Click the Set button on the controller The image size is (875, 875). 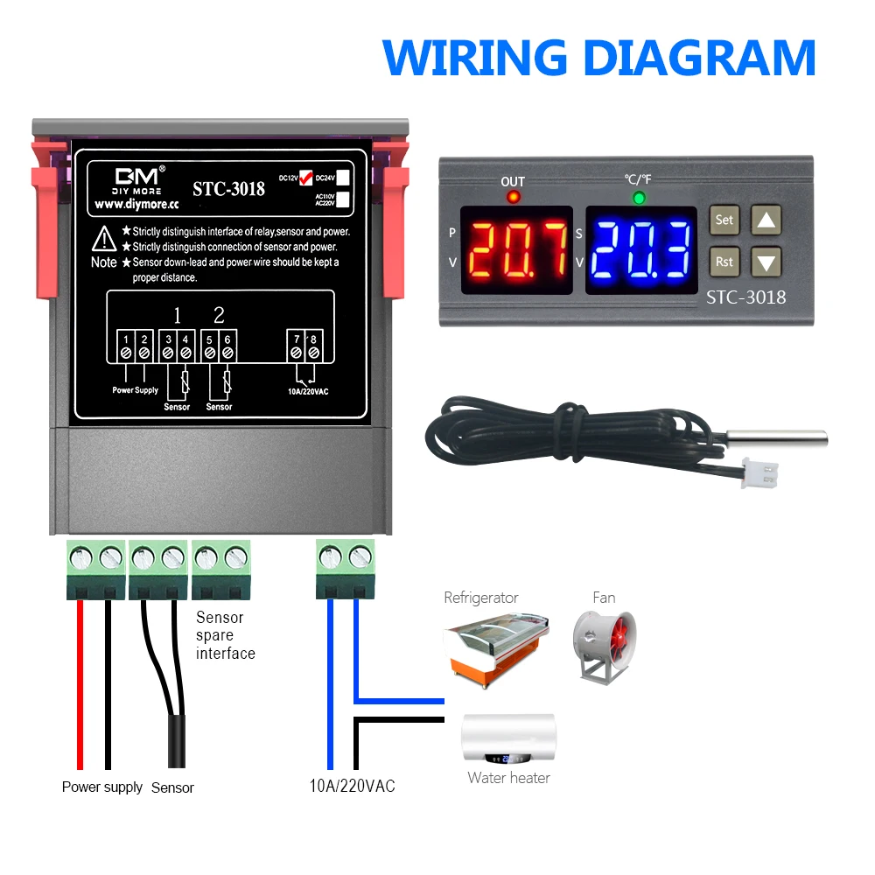tap(724, 220)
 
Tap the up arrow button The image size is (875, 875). tap(766, 220)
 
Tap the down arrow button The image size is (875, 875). tap(766, 261)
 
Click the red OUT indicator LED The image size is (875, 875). tap(513, 198)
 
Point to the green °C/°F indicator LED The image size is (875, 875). tap(639, 198)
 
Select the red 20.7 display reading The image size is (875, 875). tap(516, 249)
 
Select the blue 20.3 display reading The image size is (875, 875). tap(640, 249)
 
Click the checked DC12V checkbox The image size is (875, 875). tap(305, 176)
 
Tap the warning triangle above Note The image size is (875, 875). tap(104, 237)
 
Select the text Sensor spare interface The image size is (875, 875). tap(225, 635)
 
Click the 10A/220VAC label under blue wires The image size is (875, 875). tap(352, 786)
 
